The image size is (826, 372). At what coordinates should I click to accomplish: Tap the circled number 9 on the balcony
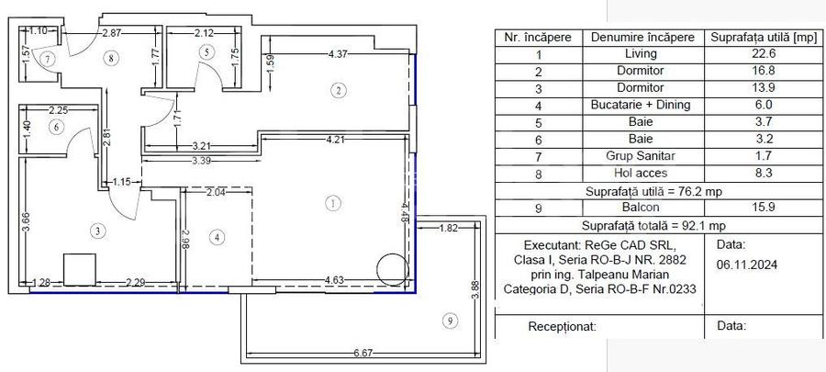point(448,321)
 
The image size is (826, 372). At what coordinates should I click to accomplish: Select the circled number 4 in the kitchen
point(217,238)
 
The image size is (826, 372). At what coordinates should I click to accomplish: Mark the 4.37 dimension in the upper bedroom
point(340,54)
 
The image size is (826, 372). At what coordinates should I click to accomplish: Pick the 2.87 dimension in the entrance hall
point(112,33)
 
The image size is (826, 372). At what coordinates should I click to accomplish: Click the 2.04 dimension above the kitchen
point(217,192)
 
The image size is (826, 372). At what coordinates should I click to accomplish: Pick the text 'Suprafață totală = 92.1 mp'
point(653,226)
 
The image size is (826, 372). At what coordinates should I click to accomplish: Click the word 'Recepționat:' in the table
point(563,326)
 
